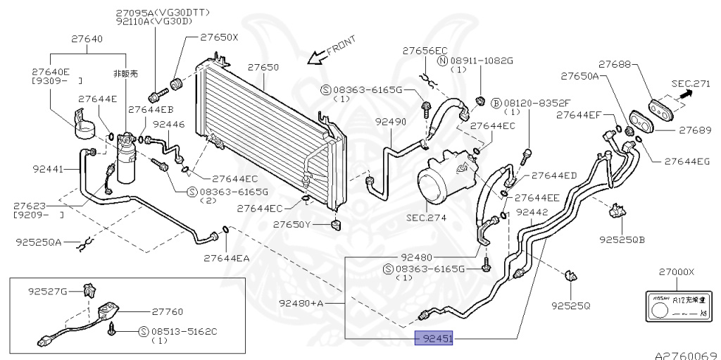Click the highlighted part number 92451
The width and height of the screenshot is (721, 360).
pos(434,339)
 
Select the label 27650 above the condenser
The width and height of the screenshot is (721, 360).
pos(263,68)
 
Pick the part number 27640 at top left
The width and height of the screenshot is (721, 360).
pos(89,40)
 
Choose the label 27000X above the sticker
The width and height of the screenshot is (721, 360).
pos(676,272)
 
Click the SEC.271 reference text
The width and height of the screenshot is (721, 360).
pos(690,83)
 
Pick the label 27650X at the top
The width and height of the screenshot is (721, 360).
pos(219,37)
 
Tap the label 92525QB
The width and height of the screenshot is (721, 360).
pos(622,239)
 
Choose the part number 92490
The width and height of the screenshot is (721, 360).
pos(390,122)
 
